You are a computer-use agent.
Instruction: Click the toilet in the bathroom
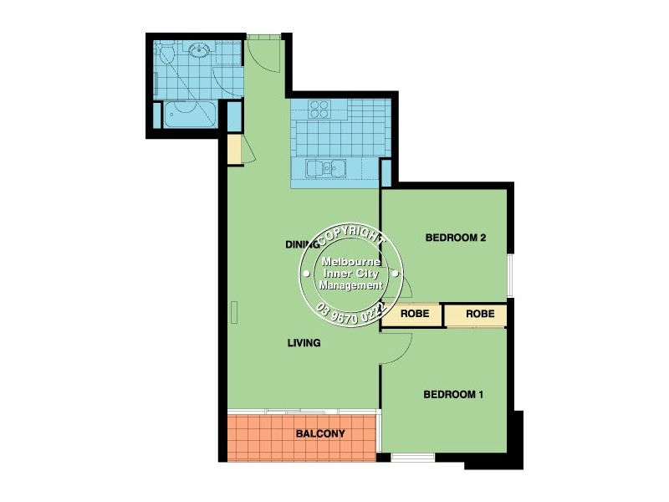pos(167,57)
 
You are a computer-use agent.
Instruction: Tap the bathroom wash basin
pos(199,52)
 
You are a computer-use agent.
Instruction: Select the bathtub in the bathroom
pos(190,114)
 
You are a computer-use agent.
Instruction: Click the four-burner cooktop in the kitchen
pos(320,110)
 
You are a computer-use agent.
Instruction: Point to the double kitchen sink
pos(326,168)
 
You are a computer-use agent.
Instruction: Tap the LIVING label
pos(304,343)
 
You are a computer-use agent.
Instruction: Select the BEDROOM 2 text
pos(456,238)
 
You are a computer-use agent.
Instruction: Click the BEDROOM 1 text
pos(453,394)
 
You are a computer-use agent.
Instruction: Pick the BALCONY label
pos(320,434)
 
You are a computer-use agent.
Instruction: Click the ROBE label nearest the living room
pos(415,315)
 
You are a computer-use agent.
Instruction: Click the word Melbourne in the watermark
pos(352,263)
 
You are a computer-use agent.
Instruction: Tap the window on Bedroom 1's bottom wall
pos(413,457)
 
